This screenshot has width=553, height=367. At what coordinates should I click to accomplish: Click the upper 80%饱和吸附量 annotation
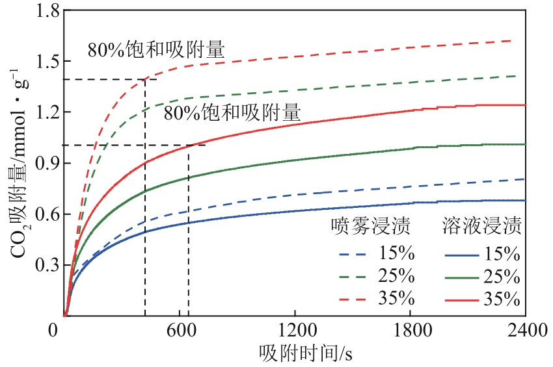coord(156,49)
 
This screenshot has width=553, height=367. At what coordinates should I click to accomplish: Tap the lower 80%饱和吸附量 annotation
coord(232,114)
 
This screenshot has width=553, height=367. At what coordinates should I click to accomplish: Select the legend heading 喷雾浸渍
coord(370,227)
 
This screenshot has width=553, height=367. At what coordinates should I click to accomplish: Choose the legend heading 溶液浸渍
coord(480,227)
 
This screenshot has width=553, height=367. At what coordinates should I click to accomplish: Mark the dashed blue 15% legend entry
coord(376,252)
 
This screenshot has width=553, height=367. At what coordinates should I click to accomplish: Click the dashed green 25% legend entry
coord(376,275)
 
